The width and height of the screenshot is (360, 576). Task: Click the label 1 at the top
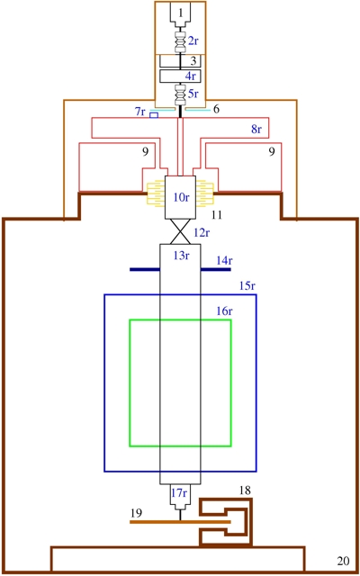click(x=180, y=13)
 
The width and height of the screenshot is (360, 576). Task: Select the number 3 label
click(x=193, y=60)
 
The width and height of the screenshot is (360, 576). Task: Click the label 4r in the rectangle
click(x=190, y=76)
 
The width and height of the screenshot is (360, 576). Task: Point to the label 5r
click(x=193, y=94)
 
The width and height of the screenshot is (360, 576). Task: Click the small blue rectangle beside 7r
click(x=154, y=115)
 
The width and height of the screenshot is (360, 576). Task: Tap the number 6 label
click(x=216, y=110)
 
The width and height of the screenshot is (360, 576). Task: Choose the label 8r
click(x=256, y=129)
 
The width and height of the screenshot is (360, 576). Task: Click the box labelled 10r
click(x=180, y=197)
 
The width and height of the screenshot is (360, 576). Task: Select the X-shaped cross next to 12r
click(x=180, y=231)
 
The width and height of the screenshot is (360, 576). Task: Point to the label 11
click(x=217, y=215)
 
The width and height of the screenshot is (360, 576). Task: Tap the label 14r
click(x=225, y=261)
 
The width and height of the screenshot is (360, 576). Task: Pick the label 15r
click(x=247, y=286)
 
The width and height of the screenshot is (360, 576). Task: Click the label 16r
click(x=224, y=311)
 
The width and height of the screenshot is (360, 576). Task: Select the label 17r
click(x=180, y=492)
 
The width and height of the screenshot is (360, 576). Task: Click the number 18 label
click(x=245, y=490)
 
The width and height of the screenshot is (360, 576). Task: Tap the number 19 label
click(x=136, y=513)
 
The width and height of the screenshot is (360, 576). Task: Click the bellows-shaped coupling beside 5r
click(x=180, y=94)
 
